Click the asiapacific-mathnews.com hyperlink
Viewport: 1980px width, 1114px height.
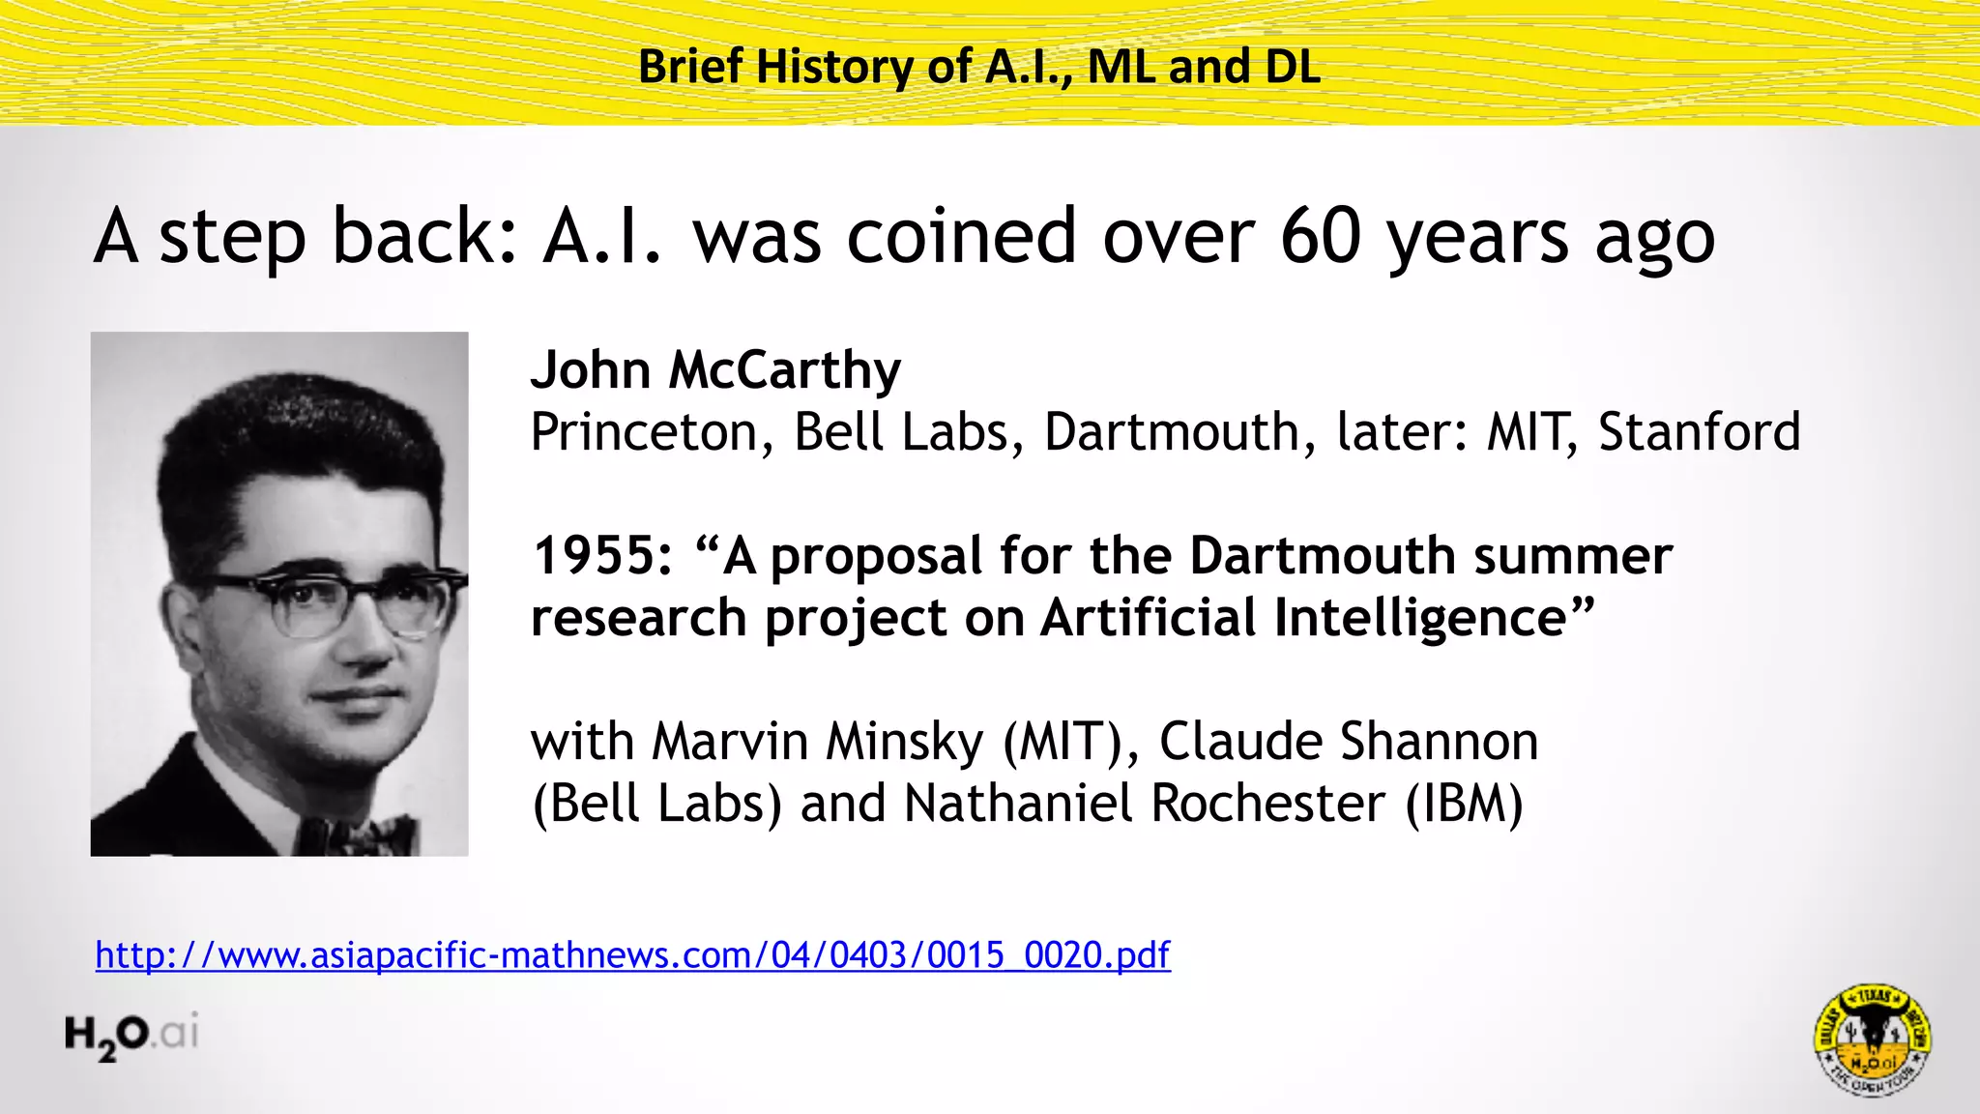[632, 955]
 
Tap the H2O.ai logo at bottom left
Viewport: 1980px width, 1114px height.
[131, 1035]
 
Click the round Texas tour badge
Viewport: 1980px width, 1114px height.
[1872, 1040]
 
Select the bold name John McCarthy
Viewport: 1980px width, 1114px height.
[715, 370]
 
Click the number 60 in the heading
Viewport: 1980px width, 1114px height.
[1321, 236]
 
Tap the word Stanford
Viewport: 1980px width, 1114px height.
[1699, 432]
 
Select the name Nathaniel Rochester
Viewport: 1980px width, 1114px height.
[1145, 804]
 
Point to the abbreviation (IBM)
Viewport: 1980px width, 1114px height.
[1464, 804]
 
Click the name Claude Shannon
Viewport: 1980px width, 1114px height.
[1348, 742]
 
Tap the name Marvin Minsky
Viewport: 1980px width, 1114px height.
[817, 742]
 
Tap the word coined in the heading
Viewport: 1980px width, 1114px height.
[961, 236]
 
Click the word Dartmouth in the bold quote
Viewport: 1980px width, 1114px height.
[1322, 556]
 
